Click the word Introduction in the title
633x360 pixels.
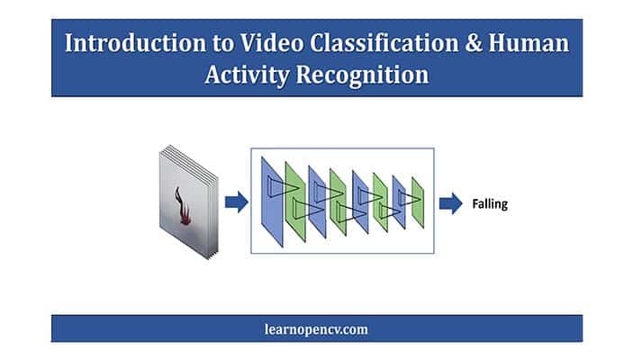pyautogui.click(x=135, y=43)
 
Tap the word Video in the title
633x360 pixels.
pyautogui.click(x=272, y=43)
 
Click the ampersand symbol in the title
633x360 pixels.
pyautogui.click(x=474, y=43)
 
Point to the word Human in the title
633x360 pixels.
pyautogui.click(x=529, y=43)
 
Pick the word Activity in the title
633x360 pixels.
pyautogui.click(x=247, y=76)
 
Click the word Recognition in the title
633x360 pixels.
pyautogui.click(x=362, y=76)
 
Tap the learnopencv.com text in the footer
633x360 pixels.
pyautogui.click(x=316, y=329)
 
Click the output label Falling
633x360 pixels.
pyautogui.click(x=490, y=203)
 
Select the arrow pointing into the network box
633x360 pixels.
pyautogui.click(x=237, y=202)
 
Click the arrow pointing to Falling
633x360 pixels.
pyautogui.click(x=451, y=203)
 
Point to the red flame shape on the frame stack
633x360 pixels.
pyautogui.click(x=182, y=207)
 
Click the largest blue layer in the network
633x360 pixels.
pyautogui.click(x=272, y=202)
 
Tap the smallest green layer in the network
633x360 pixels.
pyautogui.click(x=418, y=202)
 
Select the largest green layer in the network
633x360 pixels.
pyautogui.click(x=295, y=202)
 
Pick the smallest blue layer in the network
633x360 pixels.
pyautogui.click(x=399, y=202)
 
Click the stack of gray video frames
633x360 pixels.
pyautogui.click(x=189, y=202)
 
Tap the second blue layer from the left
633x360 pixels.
pyautogui.click(x=317, y=202)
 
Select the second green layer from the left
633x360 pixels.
pyautogui.click(x=338, y=202)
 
